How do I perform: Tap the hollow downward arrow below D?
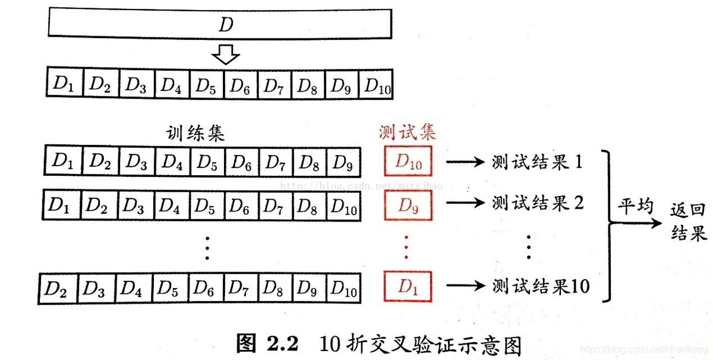click(226, 56)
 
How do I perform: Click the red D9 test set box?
click(408, 206)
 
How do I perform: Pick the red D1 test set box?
click(408, 287)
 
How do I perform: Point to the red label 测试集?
click(408, 132)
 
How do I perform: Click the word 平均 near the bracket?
click(636, 206)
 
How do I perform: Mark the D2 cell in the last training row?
click(56, 289)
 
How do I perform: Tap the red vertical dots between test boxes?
click(406, 246)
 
